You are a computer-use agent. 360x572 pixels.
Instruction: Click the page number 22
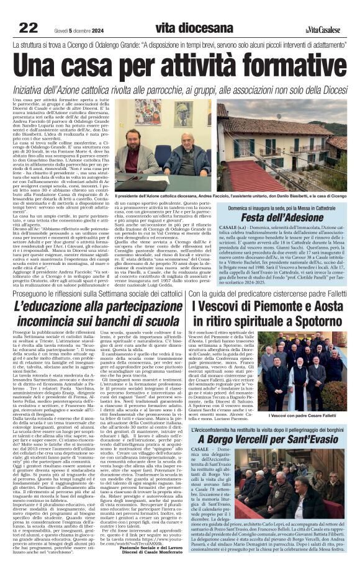[x=29, y=27]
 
